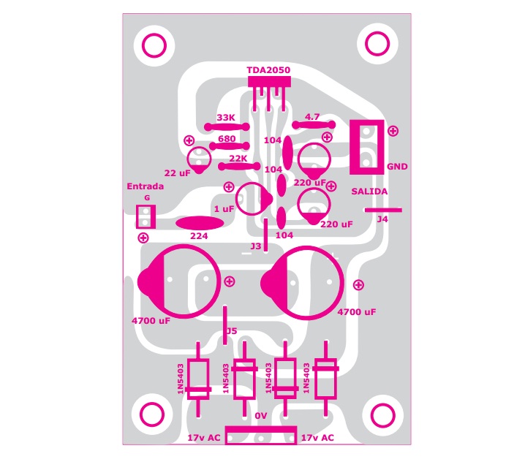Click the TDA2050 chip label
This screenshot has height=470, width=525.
[x=268, y=70]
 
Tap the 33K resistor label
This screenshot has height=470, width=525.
[x=226, y=118]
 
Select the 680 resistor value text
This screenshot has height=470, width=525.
[x=227, y=139]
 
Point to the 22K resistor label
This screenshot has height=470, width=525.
[x=238, y=159]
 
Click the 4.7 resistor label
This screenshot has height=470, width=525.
[x=312, y=117]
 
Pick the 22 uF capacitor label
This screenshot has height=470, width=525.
[x=177, y=173]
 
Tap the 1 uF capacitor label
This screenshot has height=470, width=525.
[x=224, y=209]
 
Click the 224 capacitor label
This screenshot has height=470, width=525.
[x=199, y=236]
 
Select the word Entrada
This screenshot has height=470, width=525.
[x=146, y=186]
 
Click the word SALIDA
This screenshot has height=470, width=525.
[x=369, y=192]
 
